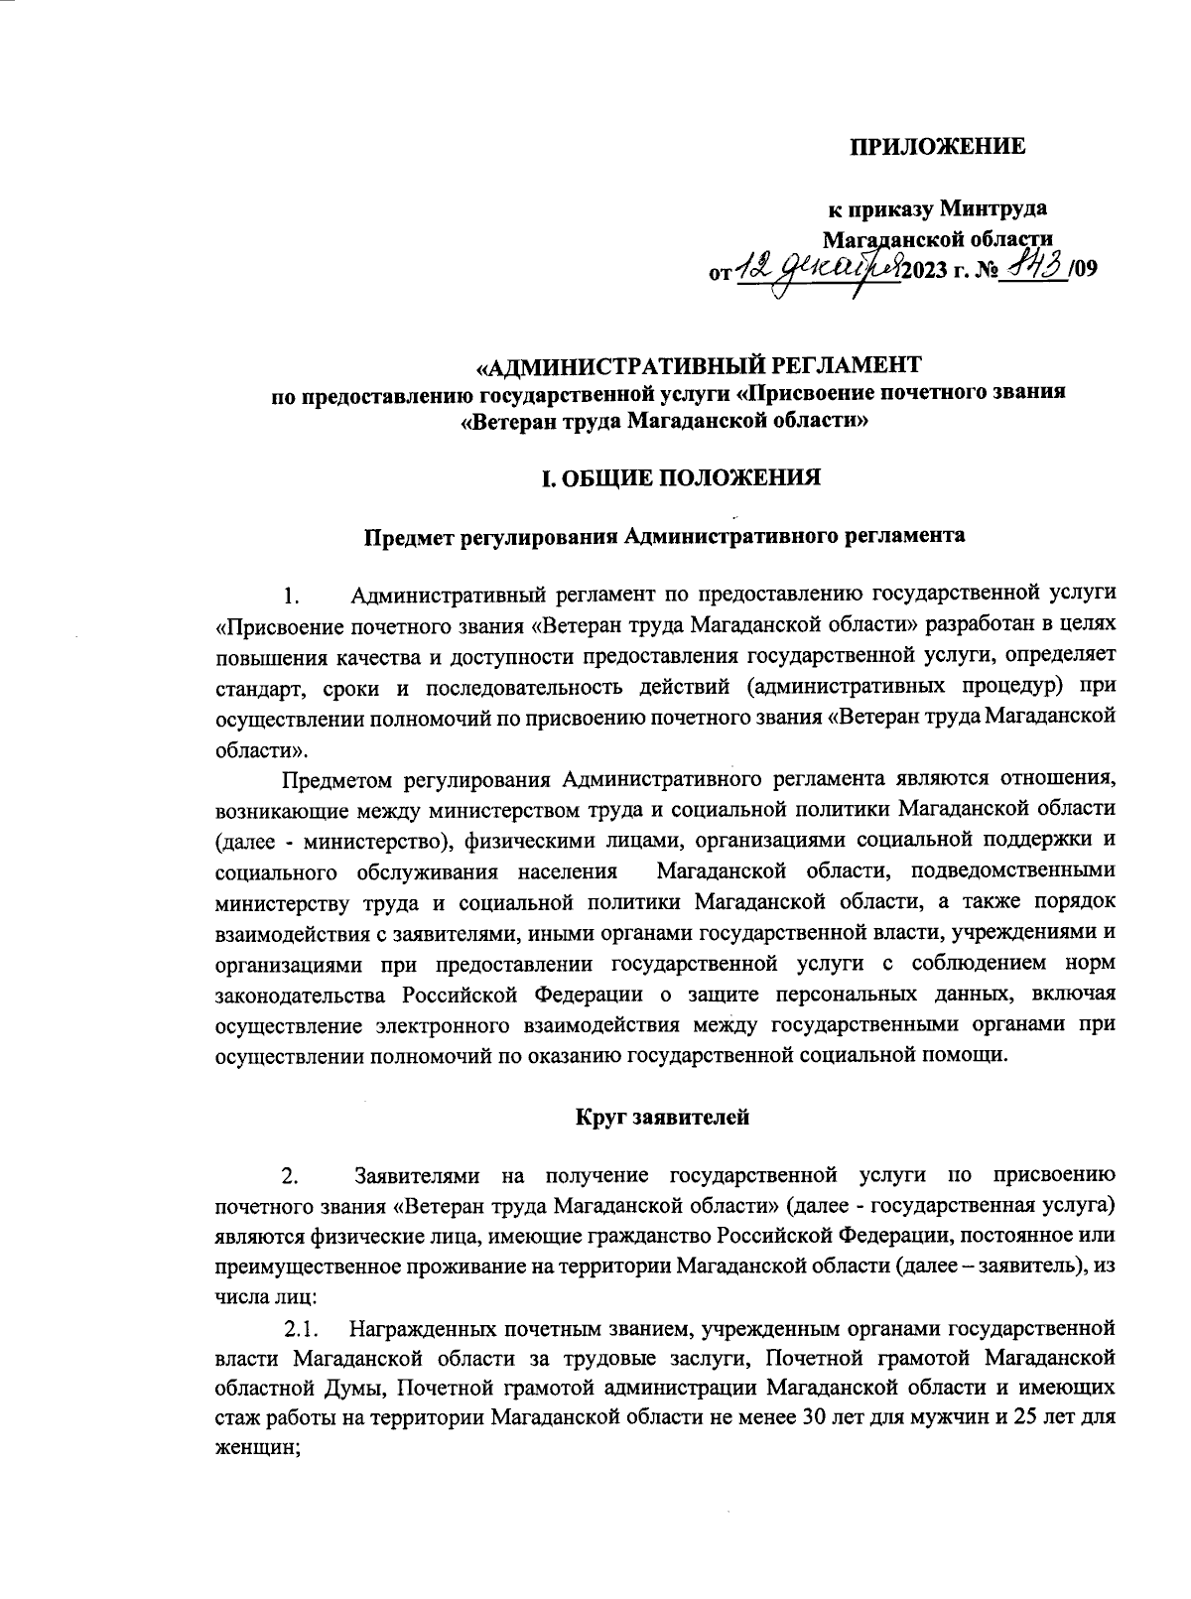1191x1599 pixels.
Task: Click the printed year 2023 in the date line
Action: (924, 270)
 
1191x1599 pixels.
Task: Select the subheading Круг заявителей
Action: (662, 1117)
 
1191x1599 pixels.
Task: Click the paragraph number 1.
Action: (291, 597)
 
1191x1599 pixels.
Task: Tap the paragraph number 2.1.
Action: (301, 1327)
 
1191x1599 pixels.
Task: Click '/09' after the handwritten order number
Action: (1086, 270)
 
